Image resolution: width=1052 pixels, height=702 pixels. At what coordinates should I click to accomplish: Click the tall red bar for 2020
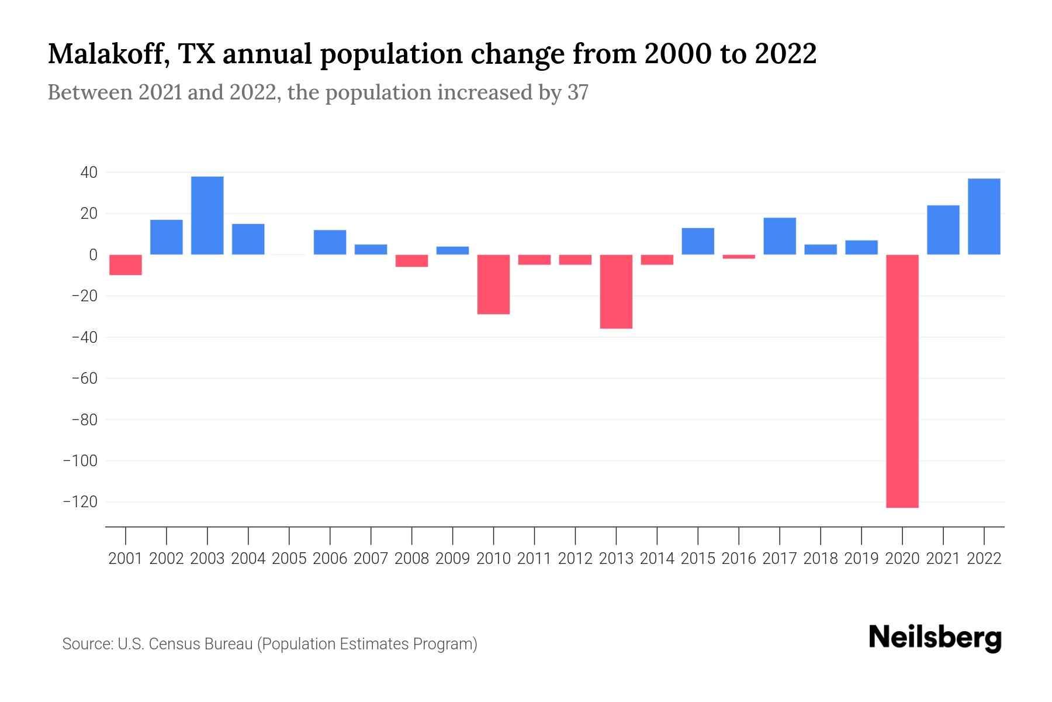pyautogui.click(x=902, y=381)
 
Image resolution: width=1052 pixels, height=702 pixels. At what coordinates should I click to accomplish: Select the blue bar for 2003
pyautogui.click(x=207, y=215)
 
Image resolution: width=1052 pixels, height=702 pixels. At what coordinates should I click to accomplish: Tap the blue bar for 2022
pyautogui.click(x=984, y=216)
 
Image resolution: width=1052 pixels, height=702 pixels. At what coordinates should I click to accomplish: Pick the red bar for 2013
pyautogui.click(x=616, y=291)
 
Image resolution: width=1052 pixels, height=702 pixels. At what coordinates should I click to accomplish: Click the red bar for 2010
pyautogui.click(x=493, y=284)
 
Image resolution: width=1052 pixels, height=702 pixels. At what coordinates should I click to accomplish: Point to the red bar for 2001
pyautogui.click(x=126, y=264)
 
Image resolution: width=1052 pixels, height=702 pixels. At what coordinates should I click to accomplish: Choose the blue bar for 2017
pyautogui.click(x=780, y=236)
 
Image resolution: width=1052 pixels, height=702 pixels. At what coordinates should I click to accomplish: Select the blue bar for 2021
pyautogui.click(x=943, y=230)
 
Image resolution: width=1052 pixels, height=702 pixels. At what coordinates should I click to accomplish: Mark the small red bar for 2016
pyautogui.click(x=739, y=257)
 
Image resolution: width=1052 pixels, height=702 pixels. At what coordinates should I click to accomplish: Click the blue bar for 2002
pyautogui.click(x=167, y=237)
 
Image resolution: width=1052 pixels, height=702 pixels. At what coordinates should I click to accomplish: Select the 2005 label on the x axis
pyautogui.click(x=289, y=559)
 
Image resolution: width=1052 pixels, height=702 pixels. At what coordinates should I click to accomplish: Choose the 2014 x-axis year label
pyautogui.click(x=657, y=559)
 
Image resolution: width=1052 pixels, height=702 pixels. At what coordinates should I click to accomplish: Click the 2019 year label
pyautogui.click(x=861, y=559)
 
